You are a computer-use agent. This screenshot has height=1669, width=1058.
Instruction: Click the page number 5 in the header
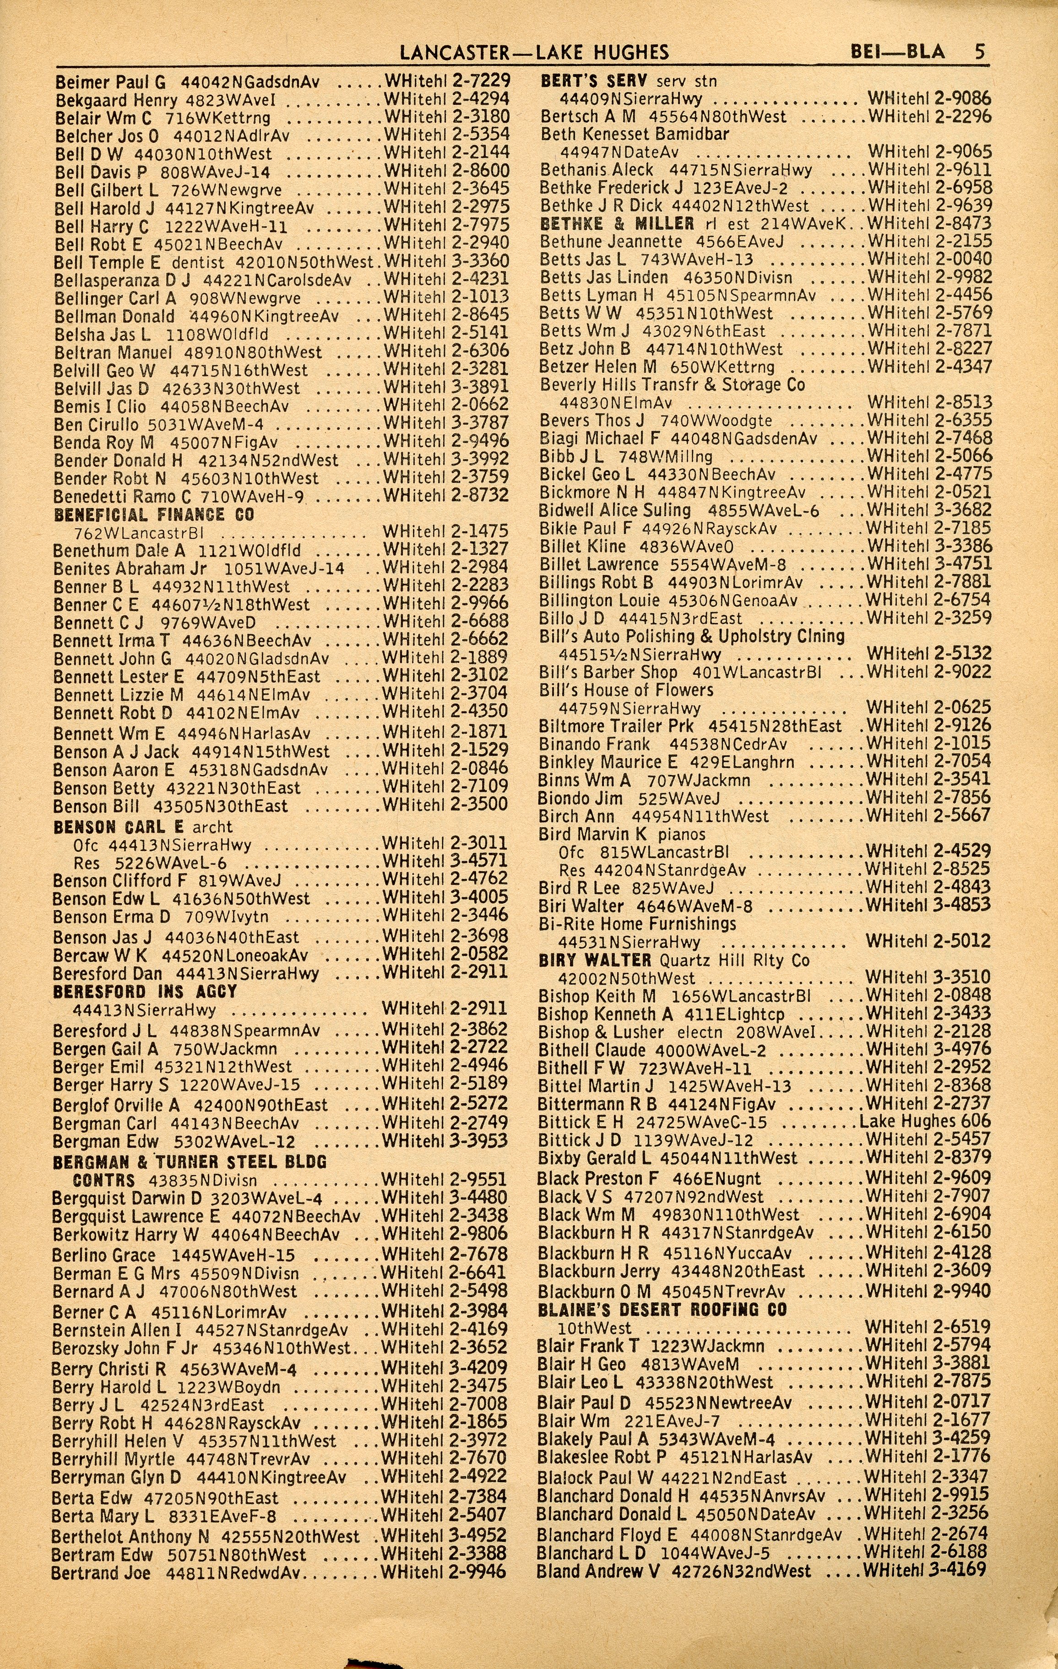pos(979,52)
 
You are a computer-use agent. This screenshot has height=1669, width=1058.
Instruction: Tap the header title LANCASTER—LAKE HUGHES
pos(535,53)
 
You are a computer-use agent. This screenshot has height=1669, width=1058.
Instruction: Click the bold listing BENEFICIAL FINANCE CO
pos(154,515)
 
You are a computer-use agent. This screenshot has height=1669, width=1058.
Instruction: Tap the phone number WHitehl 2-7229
pos(446,81)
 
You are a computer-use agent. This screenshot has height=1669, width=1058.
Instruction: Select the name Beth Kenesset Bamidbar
pos(635,134)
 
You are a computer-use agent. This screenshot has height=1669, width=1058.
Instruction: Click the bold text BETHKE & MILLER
pos(616,224)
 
